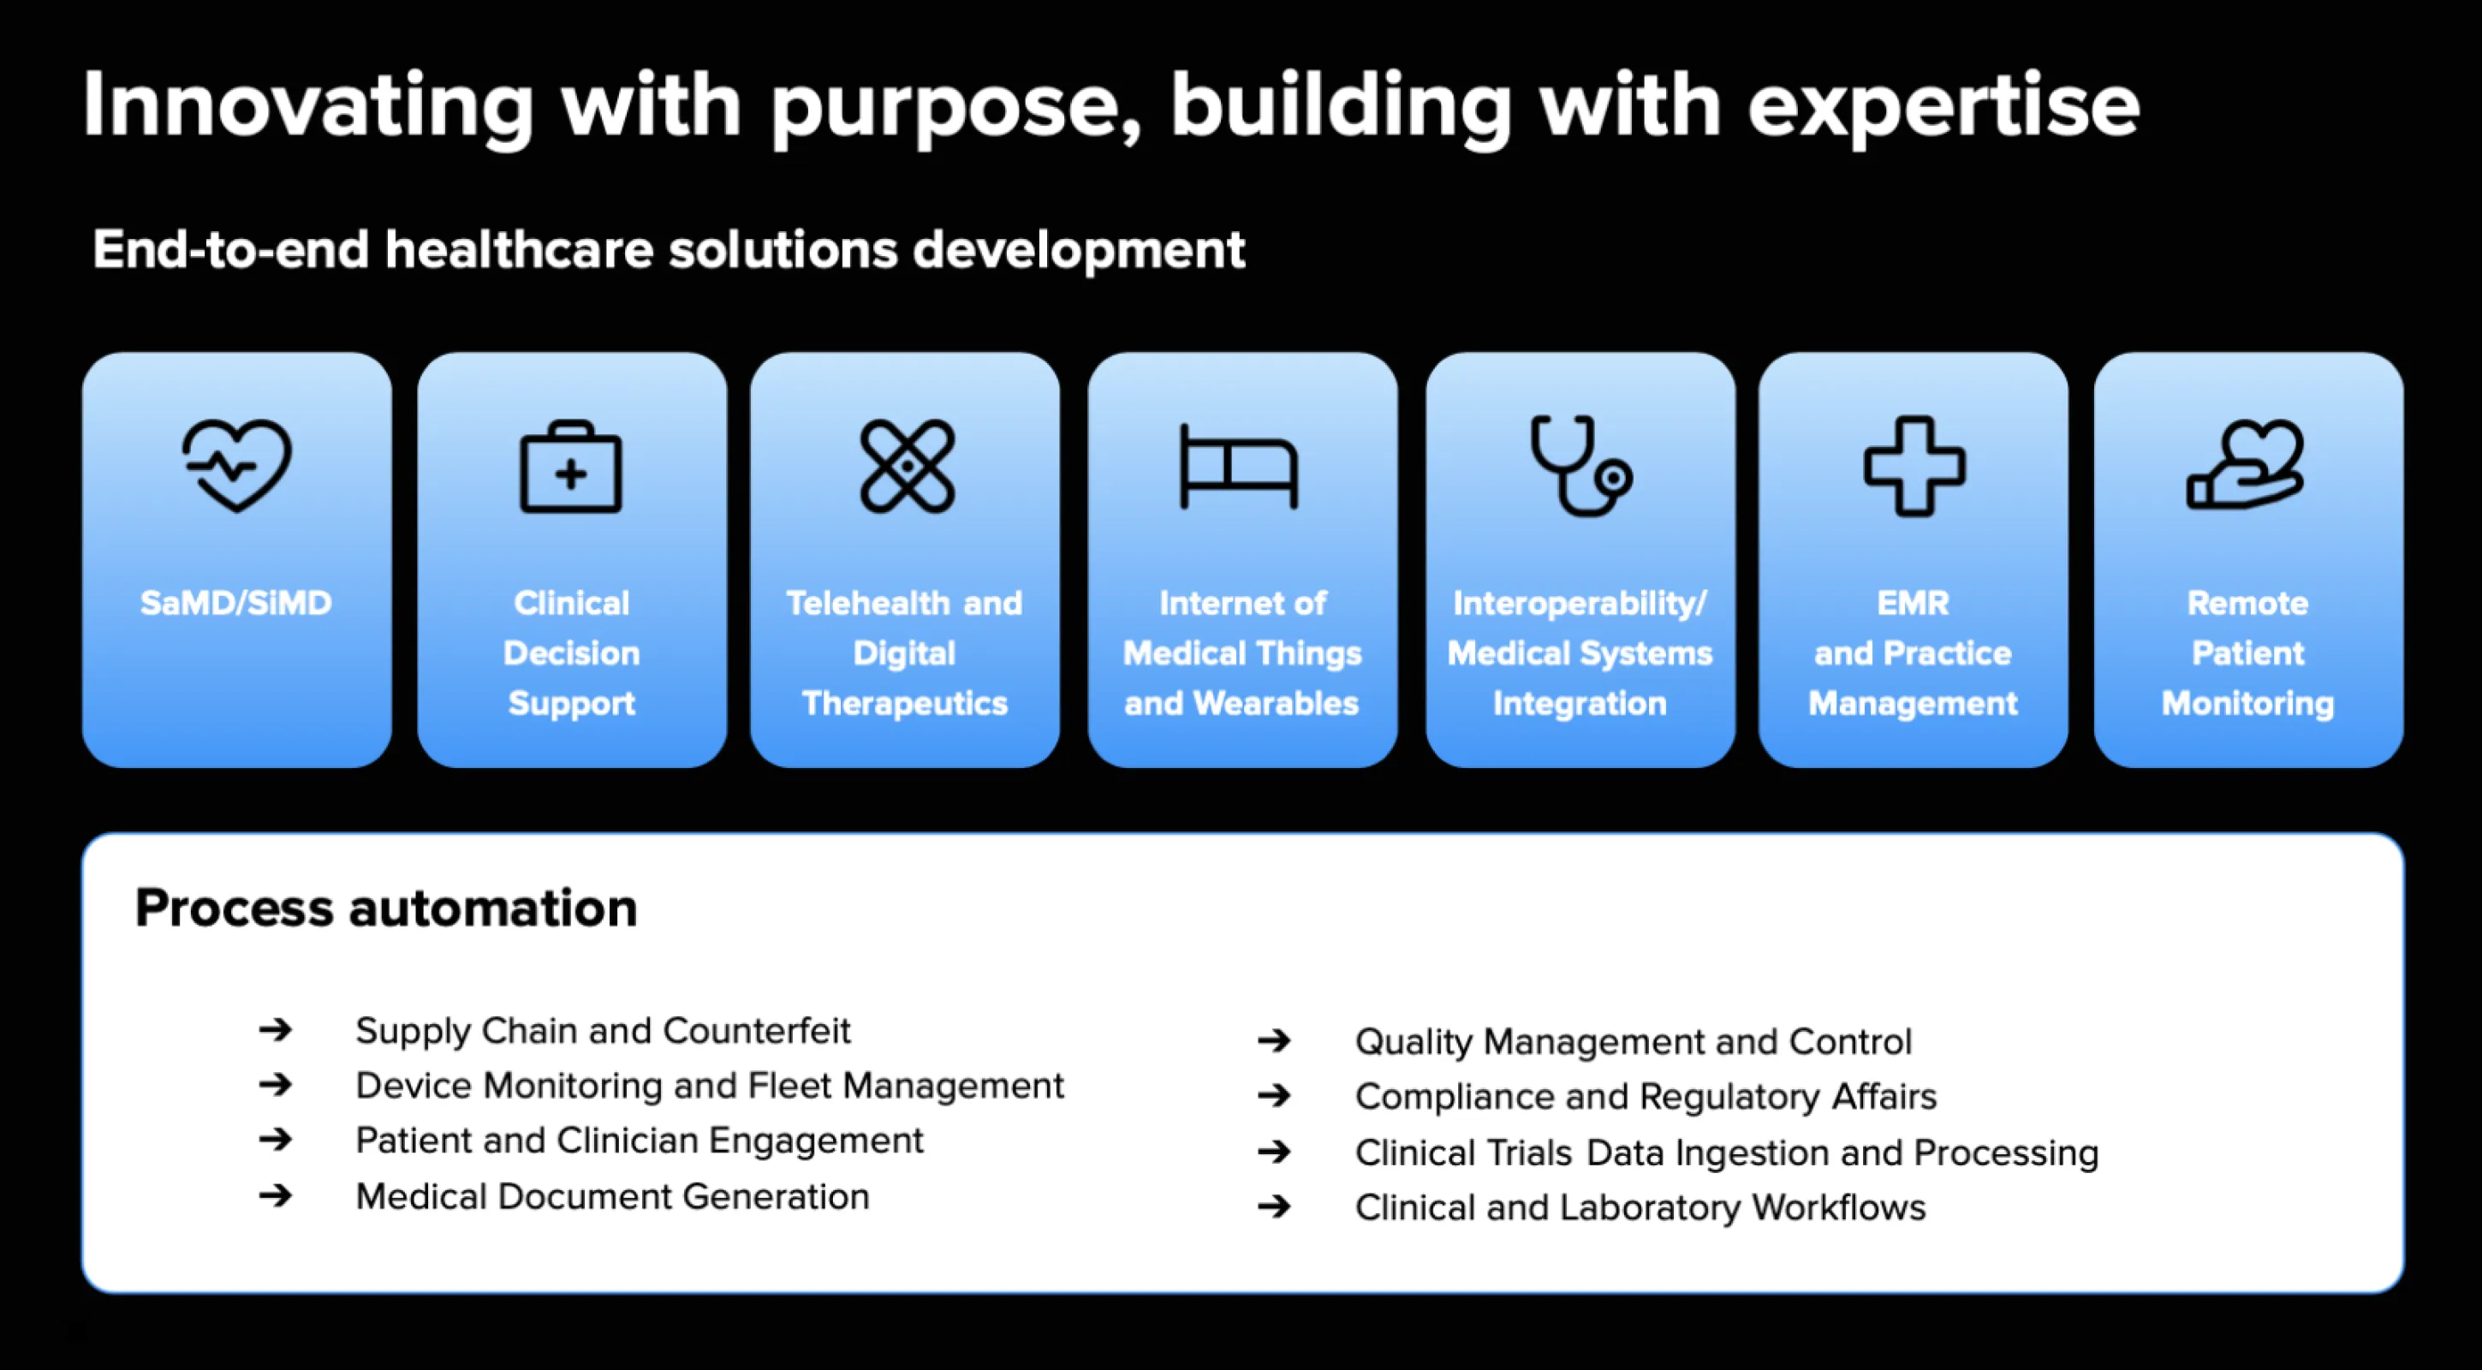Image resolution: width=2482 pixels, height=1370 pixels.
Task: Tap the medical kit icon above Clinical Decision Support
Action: coord(571,467)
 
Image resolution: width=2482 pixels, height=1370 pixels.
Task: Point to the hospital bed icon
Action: coord(1239,467)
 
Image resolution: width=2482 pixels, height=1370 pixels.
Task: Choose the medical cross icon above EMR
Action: coord(1914,467)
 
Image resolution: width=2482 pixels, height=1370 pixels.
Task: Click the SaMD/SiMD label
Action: coord(236,603)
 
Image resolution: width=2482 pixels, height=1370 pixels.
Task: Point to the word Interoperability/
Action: coord(1580,604)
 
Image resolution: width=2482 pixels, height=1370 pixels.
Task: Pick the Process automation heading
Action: coord(386,908)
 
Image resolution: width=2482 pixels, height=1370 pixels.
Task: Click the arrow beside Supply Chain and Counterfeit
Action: coord(276,1030)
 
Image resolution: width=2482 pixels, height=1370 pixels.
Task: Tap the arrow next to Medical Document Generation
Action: coord(276,1195)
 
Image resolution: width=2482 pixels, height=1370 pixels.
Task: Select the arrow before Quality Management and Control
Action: coord(1274,1040)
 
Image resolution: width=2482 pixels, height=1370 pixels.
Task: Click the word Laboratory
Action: coord(1651,1208)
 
